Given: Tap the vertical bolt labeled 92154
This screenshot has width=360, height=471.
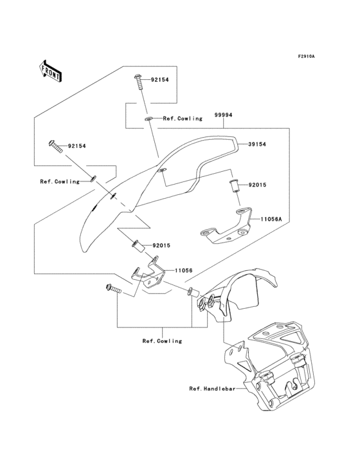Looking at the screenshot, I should [139, 85].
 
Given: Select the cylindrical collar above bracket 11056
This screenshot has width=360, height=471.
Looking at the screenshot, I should [136, 246].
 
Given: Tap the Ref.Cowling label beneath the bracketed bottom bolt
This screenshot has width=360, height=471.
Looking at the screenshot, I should [161, 340].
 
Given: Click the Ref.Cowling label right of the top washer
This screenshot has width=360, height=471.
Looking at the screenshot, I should [183, 118].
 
